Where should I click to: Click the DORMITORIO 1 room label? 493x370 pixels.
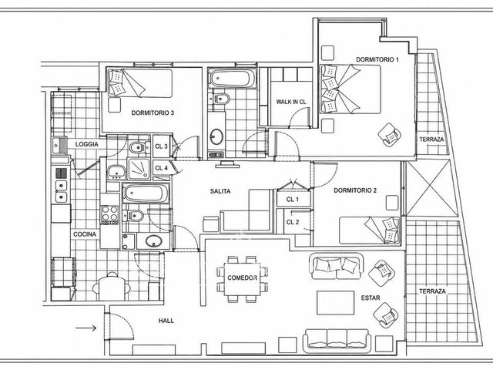[377, 59]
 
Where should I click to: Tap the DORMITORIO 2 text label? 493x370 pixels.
[355, 190]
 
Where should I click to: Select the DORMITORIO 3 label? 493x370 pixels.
[153, 113]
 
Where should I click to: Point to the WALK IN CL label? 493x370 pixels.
[291, 102]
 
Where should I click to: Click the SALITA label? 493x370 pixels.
[220, 191]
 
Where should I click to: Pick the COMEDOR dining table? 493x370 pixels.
[242, 279]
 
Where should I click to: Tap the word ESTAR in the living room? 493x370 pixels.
[371, 298]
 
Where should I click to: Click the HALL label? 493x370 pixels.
[166, 321]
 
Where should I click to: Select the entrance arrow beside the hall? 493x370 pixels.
[86, 328]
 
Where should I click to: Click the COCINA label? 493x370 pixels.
[85, 234]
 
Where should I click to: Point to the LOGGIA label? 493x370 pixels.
[87, 144]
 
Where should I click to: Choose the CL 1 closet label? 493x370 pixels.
[293, 200]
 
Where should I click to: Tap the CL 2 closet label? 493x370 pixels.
[293, 222]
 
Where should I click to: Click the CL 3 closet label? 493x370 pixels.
[161, 146]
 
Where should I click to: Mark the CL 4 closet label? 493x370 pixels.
[161, 168]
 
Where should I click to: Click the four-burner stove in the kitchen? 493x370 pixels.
[109, 214]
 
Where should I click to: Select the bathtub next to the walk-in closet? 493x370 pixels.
[232, 79]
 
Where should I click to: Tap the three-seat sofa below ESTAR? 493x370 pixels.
[337, 341]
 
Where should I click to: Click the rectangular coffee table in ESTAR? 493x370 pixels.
[336, 303]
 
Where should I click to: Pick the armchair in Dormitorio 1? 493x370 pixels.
[389, 135]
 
